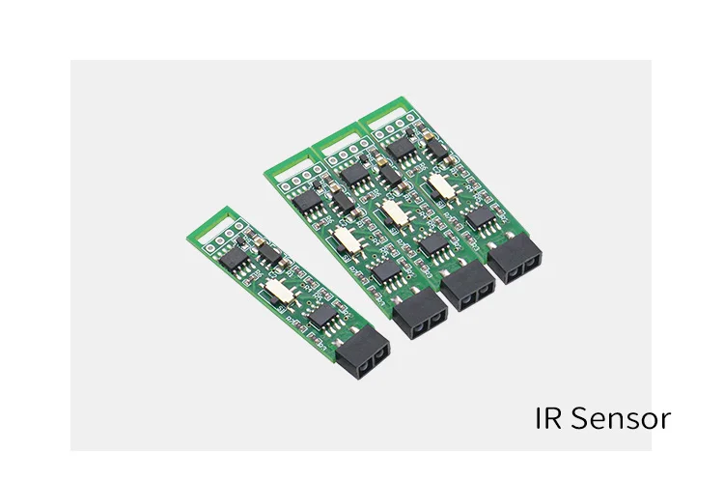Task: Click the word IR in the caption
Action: pyautogui.click(x=549, y=419)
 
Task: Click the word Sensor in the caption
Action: pyautogui.click(x=620, y=419)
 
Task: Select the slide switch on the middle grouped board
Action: pyautogui.click(x=392, y=211)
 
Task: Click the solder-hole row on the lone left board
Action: pyautogui.click(x=225, y=237)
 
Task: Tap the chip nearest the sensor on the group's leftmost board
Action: pyautogui.click(x=383, y=269)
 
